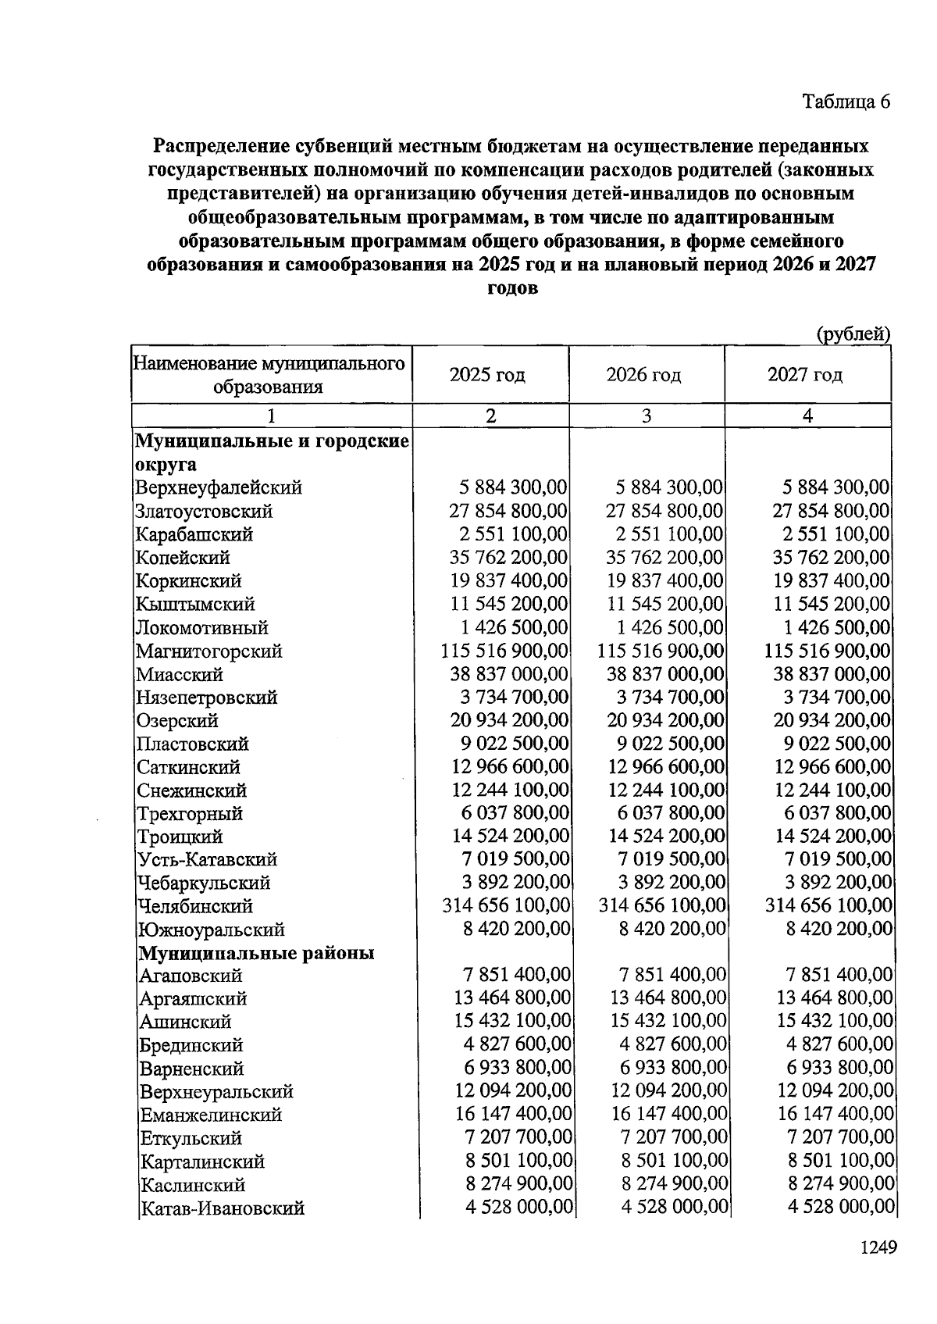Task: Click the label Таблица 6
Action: pyautogui.click(x=846, y=102)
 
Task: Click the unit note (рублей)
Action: pyautogui.click(x=853, y=334)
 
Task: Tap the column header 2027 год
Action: pyautogui.click(x=805, y=375)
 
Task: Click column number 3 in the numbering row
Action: pyautogui.click(x=647, y=416)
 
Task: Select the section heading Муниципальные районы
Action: pyautogui.click(x=256, y=953)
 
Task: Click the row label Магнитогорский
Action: pyautogui.click(x=208, y=651)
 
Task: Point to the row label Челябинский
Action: pyautogui.click(x=195, y=906)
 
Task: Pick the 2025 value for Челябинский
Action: pyautogui.click(x=506, y=905)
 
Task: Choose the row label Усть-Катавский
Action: pyautogui.click(x=207, y=860)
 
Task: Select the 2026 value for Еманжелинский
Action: pyautogui.click(x=668, y=1114)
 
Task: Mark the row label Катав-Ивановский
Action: pyautogui.click(x=222, y=1208)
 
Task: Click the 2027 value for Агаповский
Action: pyautogui.click(x=839, y=975)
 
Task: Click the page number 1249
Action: pyautogui.click(x=878, y=1247)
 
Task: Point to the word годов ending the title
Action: pyautogui.click(x=511, y=287)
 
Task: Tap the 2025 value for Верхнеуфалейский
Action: pyautogui.click(x=512, y=487)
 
